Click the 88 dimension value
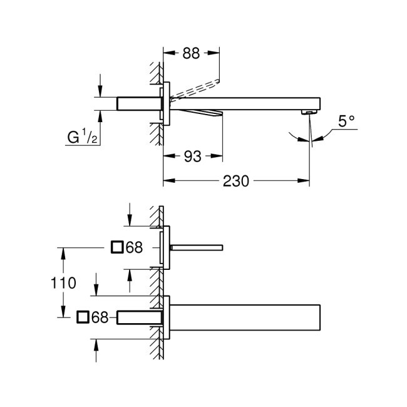[x=192, y=54]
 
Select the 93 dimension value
[x=193, y=157]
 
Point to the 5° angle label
[x=347, y=121]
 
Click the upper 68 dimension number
[x=134, y=248]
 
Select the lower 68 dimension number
[x=100, y=318]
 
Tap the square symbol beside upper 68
[x=117, y=247]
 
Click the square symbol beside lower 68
[x=83, y=317]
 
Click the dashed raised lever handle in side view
[x=194, y=88]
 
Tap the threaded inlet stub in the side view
[x=139, y=103]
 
